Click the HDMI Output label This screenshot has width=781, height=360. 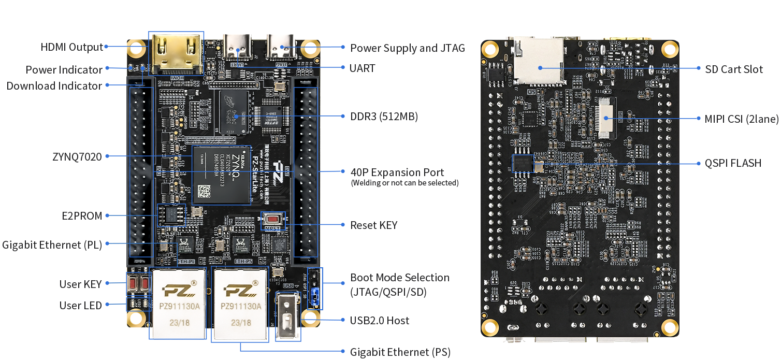pyautogui.click(x=72, y=47)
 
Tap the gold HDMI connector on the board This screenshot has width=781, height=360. pyautogui.click(x=176, y=53)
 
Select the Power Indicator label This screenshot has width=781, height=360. pyautogui.click(x=64, y=69)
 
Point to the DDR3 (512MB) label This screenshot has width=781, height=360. pyautogui.click(x=384, y=117)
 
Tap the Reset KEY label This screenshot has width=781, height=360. pyautogui.click(x=374, y=225)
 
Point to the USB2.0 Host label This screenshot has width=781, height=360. pyautogui.click(x=380, y=320)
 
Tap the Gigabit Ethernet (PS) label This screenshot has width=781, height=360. pyautogui.click(x=400, y=352)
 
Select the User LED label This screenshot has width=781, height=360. pyautogui.click(x=81, y=306)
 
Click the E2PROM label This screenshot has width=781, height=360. pyautogui.click(x=81, y=216)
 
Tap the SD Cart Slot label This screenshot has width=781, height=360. pyautogui.click(x=734, y=69)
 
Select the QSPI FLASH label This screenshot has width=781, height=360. pyautogui.click(x=733, y=163)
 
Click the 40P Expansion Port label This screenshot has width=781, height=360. pyautogui.click(x=397, y=172)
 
